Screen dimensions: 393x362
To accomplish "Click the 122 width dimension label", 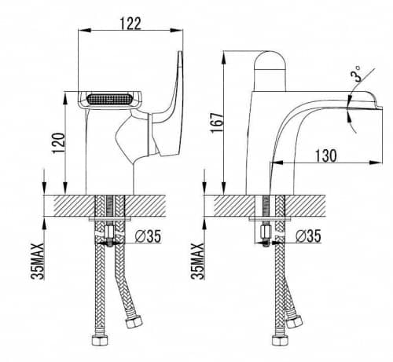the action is [130, 24].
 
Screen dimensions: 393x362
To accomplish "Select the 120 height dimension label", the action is [59, 143].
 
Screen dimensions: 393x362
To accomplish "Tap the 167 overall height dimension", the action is [217, 122].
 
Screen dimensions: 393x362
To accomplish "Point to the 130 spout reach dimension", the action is [325, 155].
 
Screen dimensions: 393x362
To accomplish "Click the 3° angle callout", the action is [356, 73].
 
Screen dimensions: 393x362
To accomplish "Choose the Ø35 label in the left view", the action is [148, 236].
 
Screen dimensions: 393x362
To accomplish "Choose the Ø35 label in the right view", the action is [308, 236].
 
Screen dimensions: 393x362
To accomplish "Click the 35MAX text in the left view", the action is [38, 261].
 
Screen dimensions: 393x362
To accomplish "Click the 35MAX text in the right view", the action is [198, 261].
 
